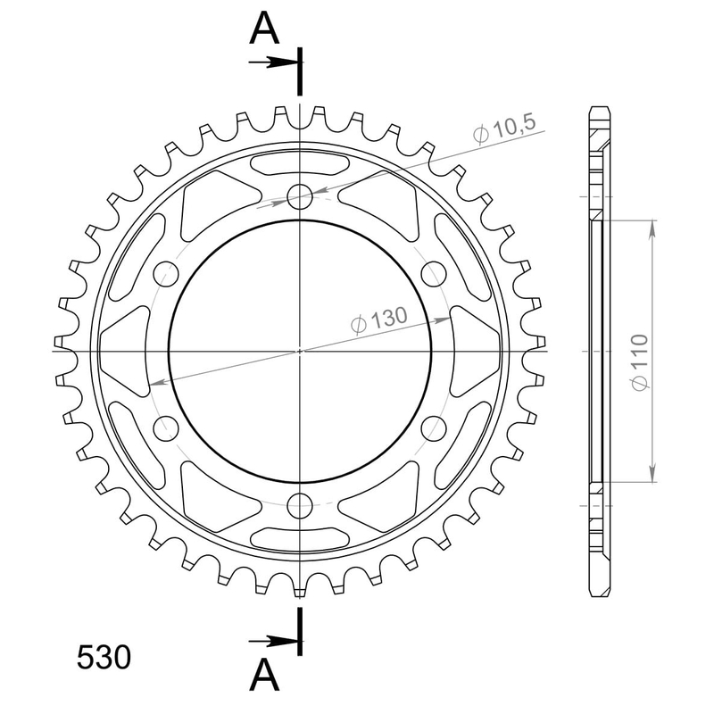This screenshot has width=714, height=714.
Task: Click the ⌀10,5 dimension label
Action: click(504, 129)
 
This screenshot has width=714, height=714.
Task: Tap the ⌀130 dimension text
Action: click(378, 320)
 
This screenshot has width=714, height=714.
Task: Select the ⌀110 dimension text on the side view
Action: click(639, 362)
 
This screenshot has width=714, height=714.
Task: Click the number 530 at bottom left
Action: click(104, 658)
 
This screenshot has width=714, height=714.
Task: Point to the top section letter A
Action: click(264, 29)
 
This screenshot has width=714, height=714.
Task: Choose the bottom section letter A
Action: click(264, 676)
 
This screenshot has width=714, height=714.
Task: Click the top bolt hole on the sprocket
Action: click(300, 196)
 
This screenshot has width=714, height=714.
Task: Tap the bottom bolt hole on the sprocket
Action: click(300, 505)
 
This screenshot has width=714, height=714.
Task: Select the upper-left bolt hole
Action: click(166, 274)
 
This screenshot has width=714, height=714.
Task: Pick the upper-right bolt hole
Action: click(434, 274)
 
